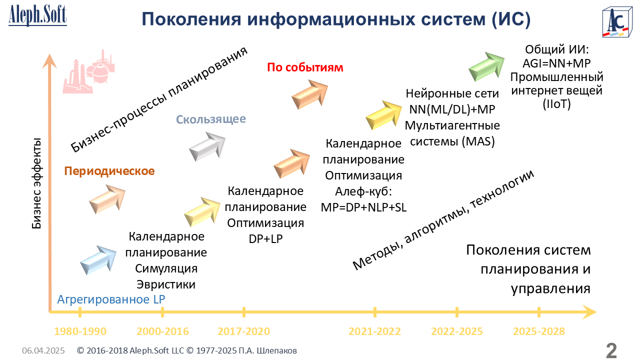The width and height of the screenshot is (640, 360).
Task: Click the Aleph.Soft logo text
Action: (37, 15)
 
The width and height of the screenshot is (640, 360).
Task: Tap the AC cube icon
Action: (617, 22)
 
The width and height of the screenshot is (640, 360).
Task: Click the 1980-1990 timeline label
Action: (80, 331)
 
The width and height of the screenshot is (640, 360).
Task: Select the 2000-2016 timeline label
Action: (162, 331)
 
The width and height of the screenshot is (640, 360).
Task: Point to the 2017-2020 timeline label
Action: (243, 331)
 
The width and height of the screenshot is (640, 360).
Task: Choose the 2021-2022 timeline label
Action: (374, 331)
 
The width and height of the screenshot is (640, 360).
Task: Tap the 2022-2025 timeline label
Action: (457, 331)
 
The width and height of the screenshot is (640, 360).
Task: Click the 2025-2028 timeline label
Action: (539, 331)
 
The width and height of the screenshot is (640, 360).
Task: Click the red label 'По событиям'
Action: (305, 67)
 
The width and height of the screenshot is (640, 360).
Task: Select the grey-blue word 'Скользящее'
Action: (211, 119)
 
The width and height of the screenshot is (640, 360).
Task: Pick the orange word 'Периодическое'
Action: (109, 171)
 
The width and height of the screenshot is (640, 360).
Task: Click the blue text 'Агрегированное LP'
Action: (111, 299)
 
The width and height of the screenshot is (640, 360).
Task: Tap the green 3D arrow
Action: (486, 66)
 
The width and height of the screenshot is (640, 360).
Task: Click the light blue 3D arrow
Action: (98, 260)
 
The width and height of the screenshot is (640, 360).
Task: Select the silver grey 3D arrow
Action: (207, 146)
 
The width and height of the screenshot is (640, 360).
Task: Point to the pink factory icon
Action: (88, 71)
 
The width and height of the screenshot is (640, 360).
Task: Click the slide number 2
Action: (611, 350)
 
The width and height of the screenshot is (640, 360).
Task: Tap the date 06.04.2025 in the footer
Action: (43, 350)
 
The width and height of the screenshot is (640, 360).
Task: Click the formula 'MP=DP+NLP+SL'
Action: (363, 207)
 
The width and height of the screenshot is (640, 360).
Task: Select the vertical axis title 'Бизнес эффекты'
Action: (36, 183)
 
